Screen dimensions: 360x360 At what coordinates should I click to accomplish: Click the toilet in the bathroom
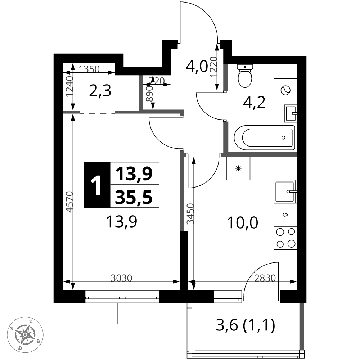pos(245,76)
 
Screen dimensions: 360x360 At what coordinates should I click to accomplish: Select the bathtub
pos(264,138)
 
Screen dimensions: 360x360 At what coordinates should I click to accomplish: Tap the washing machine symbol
pos(285,90)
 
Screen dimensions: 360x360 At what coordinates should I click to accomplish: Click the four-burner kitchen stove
pos(285,238)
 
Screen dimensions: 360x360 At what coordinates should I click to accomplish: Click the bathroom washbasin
pos(291,113)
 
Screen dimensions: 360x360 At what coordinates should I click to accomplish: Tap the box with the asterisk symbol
pos(238,168)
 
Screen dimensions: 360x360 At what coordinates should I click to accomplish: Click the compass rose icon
pos(25,334)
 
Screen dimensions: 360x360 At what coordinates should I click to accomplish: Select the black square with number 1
pos(97,185)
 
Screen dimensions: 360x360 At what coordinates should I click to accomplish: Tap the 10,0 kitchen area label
pos(242,223)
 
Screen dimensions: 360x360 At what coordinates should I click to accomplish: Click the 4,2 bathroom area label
pos(254,102)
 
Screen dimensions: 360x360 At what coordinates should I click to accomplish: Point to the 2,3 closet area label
pos(100,91)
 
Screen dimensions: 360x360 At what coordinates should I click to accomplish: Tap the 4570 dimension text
pos(69,202)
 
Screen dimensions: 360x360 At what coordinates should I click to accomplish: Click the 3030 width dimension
pos(121,278)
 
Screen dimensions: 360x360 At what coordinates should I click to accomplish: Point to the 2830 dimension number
pos(265,278)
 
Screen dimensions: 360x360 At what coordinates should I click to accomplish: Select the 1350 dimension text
pos(89,69)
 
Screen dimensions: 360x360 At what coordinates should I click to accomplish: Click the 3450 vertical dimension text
pos(190,214)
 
